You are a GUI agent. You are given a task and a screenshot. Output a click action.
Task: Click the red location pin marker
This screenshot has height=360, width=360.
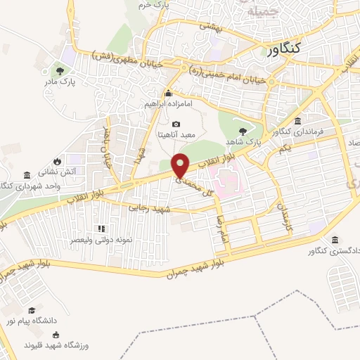point(181,166)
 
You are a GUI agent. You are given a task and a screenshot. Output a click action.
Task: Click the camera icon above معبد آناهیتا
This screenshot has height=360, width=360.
point(176,124)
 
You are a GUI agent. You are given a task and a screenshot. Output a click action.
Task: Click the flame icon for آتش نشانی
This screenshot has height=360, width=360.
point(67,161)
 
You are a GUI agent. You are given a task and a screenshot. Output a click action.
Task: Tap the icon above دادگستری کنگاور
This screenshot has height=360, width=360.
point(335,240)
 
